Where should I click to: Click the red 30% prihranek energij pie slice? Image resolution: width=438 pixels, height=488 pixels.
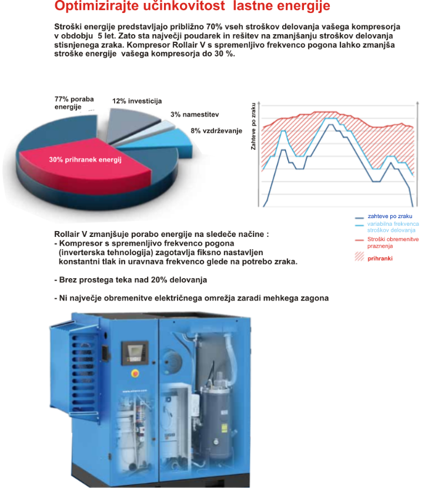pyautogui.click(x=82, y=160)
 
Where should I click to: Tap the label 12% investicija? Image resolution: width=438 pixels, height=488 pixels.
pyautogui.click(x=136, y=101)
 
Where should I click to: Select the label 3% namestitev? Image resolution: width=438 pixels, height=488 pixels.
pyautogui.click(x=195, y=115)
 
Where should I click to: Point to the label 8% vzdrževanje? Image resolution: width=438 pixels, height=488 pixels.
pyautogui.click(x=216, y=131)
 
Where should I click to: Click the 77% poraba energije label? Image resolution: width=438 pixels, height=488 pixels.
pyautogui.click(x=73, y=103)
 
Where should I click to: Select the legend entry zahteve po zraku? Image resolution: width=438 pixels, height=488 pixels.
pyautogui.click(x=389, y=216)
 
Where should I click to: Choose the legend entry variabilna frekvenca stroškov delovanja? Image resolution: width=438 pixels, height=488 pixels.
pyautogui.click(x=392, y=227)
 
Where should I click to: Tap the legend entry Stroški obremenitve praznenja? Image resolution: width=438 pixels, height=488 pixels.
pyautogui.click(x=392, y=242)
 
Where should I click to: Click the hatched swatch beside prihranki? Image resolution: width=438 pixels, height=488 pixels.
pyautogui.click(x=359, y=258)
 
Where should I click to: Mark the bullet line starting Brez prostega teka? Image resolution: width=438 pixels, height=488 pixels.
pyautogui.click(x=131, y=280)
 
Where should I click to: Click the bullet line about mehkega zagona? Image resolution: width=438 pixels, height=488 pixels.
pyautogui.click(x=191, y=298)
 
